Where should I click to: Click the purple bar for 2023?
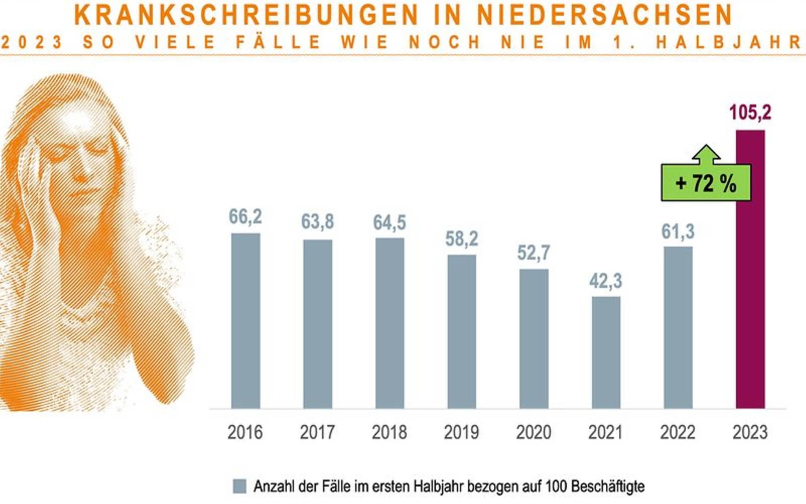750,269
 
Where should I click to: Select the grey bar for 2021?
606,352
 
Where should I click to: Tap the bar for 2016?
245,321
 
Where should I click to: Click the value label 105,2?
750,113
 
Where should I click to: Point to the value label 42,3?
606,281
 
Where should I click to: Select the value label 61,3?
678,232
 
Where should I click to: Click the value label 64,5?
389,222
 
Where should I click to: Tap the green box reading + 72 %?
706,183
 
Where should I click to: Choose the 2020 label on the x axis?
534,432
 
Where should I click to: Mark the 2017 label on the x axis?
317,432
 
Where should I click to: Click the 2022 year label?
678,432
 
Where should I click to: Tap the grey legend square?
240,486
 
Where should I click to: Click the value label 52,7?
533,253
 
